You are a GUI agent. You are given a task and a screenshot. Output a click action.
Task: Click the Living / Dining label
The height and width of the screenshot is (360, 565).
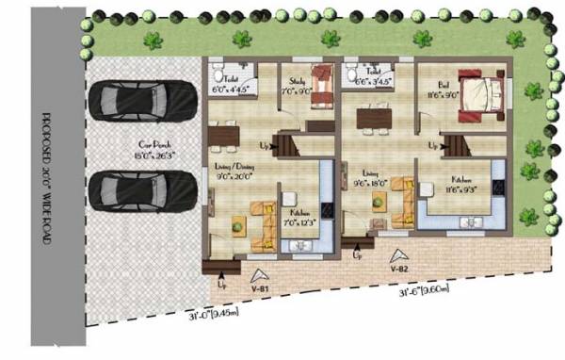tap(231, 172)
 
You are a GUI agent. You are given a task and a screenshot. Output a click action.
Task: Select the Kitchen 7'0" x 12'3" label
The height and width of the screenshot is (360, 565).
tap(300, 218)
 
